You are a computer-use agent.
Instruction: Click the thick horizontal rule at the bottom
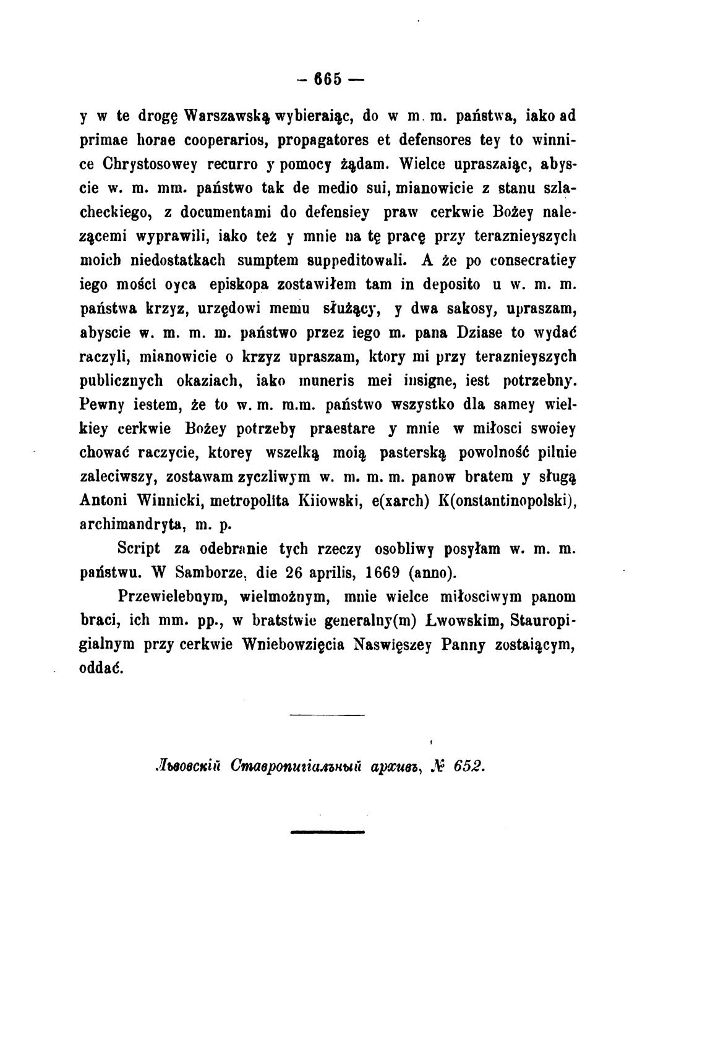coord(327,832)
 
